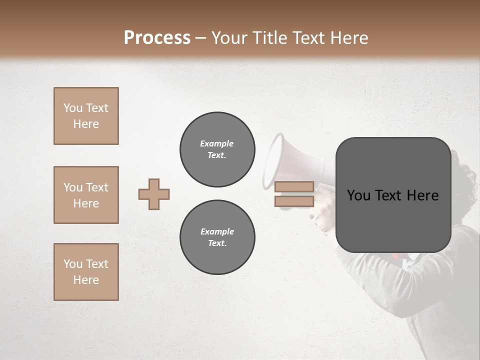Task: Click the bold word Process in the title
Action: (x=157, y=38)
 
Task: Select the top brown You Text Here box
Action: (x=86, y=116)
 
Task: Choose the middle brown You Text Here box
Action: (x=86, y=195)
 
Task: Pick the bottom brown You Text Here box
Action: (x=86, y=272)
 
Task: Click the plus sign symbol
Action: (x=154, y=194)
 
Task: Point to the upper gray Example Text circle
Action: (x=217, y=149)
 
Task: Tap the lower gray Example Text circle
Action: (x=217, y=237)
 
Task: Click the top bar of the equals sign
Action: (x=294, y=187)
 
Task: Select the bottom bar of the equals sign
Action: (x=294, y=201)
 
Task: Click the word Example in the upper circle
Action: (x=217, y=144)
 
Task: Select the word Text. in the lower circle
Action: (x=217, y=243)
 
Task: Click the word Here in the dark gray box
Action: (x=422, y=195)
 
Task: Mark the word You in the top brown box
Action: (x=73, y=108)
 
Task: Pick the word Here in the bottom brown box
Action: (x=86, y=280)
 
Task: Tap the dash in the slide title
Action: (x=201, y=38)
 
